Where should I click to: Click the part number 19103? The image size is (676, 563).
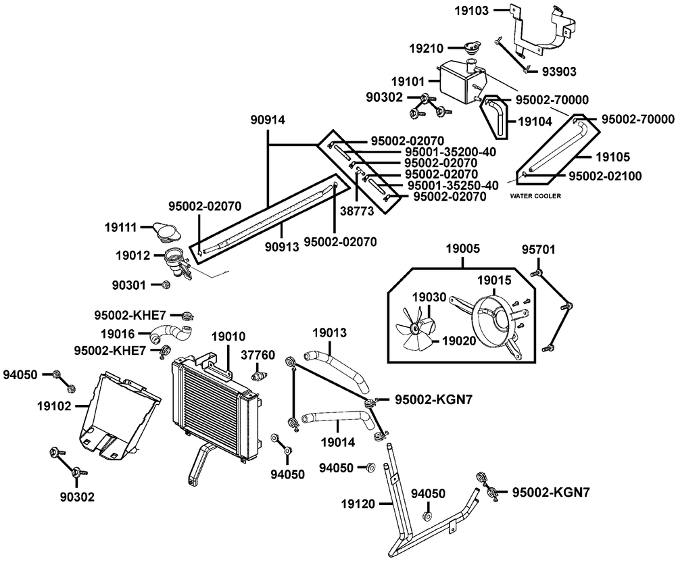pos(472,11)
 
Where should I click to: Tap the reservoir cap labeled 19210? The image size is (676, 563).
pos(473,47)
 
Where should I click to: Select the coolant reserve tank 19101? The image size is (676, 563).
pos(459,82)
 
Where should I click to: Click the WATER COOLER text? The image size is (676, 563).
pos(535,196)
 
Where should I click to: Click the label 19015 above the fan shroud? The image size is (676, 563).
pos(494,280)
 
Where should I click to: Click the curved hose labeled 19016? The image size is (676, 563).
pos(172,334)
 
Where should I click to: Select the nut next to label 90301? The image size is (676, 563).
pos(165,285)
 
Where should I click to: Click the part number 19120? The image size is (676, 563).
pos(358,504)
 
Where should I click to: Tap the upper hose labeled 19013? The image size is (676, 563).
pos(336,371)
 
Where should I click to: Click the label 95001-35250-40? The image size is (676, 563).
pos(453,185)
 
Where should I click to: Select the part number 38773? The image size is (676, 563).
pos(357,212)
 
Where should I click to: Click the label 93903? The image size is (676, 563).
pos(559,72)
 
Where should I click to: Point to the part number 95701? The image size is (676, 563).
pos(539,249)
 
